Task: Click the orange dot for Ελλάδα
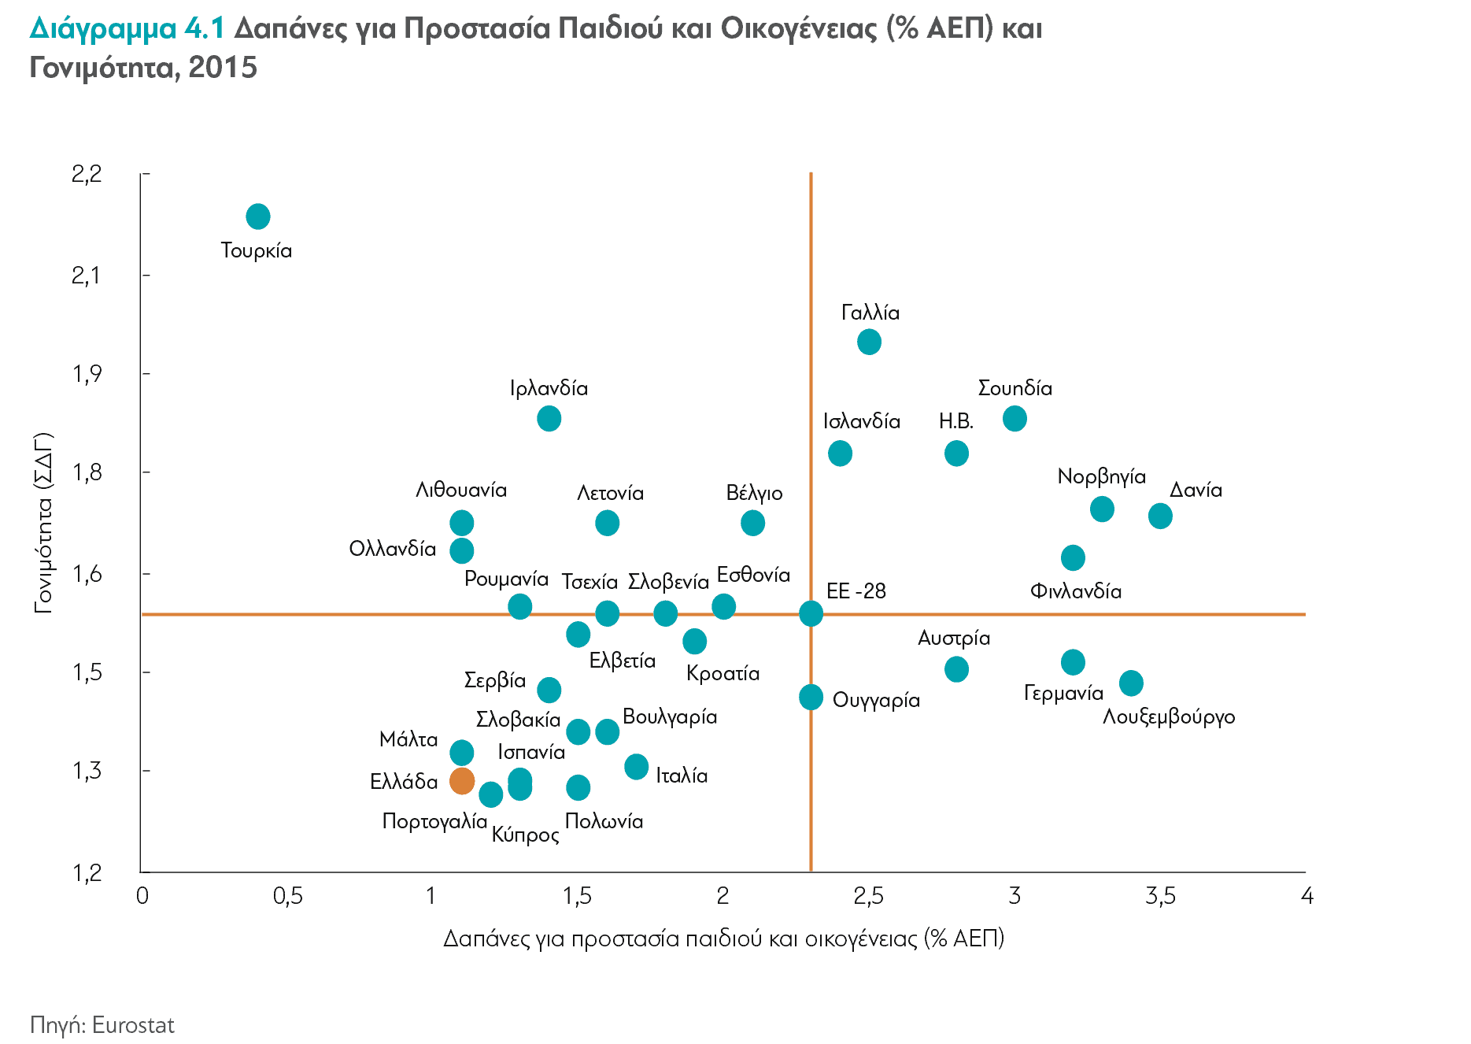(x=462, y=781)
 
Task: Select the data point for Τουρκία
(x=258, y=217)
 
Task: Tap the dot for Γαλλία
(x=869, y=342)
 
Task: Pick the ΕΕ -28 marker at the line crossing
(x=811, y=613)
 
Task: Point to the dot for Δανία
(x=1160, y=516)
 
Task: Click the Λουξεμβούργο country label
(x=1169, y=717)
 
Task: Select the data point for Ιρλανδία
(x=549, y=419)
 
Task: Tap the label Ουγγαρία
(x=876, y=700)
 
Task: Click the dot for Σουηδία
(x=1015, y=419)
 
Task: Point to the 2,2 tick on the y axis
(x=87, y=174)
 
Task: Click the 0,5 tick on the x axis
(x=287, y=896)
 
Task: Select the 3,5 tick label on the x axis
(x=1160, y=896)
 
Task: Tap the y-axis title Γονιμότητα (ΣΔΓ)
(x=43, y=523)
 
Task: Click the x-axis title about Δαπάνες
(x=723, y=938)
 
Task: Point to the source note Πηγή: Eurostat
(x=102, y=1025)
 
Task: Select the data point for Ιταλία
(x=637, y=767)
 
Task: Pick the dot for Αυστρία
(x=956, y=670)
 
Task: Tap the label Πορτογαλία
(x=434, y=821)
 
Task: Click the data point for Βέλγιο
(x=753, y=523)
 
